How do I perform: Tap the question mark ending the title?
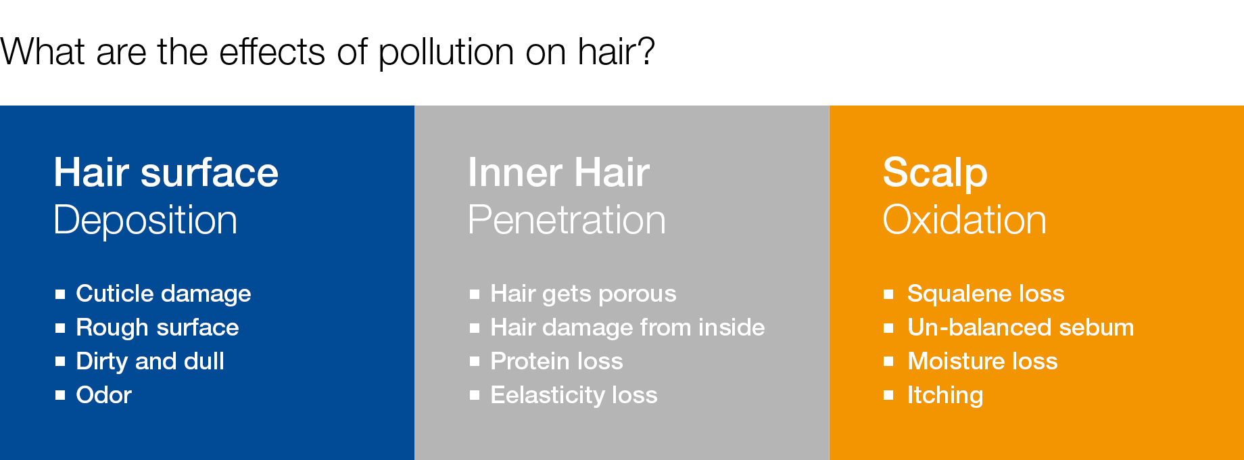click(646, 51)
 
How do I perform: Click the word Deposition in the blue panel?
click(145, 221)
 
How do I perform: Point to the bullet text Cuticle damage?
click(164, 294)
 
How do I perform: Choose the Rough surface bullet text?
click(158, 327)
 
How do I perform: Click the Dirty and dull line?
click(150, 361)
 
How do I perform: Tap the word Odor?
click(104, 395)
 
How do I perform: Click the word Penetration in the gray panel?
click(567, 221)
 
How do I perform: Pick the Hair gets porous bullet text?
click(583, 294)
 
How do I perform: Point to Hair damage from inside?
click(627, 327)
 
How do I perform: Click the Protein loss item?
click(557, 361)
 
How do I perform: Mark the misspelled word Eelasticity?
click(548, 395)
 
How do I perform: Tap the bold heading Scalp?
click(935, 173)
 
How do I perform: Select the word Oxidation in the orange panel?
click(965, 221)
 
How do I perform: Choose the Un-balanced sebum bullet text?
click(1020, 327)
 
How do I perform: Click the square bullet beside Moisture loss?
click(888, 361)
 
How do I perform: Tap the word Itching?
click(945, 396)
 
